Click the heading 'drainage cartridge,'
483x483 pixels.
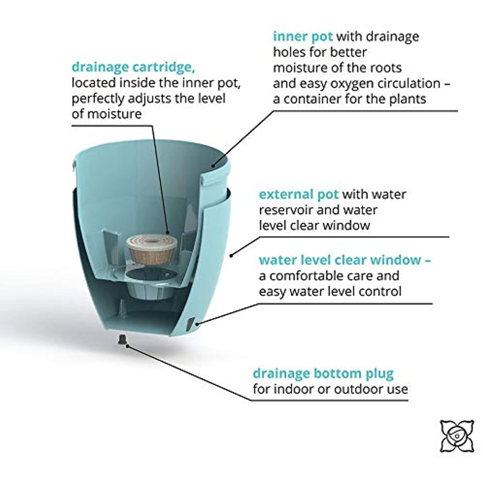(133, 68)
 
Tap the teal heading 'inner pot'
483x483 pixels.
(303, 37)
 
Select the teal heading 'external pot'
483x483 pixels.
(298, 194)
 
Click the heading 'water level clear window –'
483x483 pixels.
(345, 260)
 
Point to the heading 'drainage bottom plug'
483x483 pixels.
(323, 374)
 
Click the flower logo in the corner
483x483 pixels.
(457, 436)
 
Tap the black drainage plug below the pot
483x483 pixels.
(123, 339)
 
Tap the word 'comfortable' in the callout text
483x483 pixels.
(308, 276)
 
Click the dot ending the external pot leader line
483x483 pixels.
(231, 256)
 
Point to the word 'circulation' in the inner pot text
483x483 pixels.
(409, 83)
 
